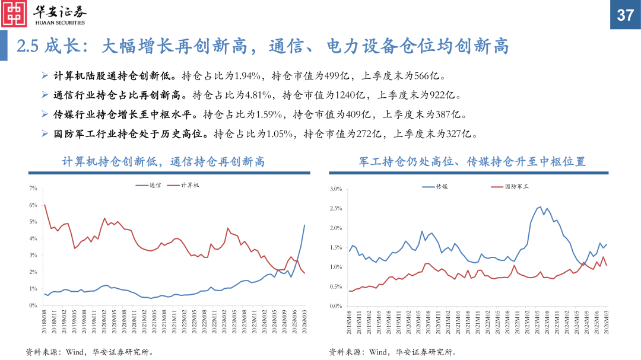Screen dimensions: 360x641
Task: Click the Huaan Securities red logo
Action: (14, 14)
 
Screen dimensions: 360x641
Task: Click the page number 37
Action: (625, 15)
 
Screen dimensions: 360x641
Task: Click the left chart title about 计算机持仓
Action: (163, 161)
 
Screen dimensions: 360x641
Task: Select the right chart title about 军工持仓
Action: (472, 161)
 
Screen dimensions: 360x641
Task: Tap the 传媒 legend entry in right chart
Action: (442, 187)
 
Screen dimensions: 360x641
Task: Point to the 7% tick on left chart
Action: (33, 188)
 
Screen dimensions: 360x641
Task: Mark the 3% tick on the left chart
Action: (33, 255)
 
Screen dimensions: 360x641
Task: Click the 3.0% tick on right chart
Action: (335, 189)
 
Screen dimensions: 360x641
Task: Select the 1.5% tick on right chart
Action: (335, 247)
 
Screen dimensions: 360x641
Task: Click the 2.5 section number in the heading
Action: (27, 46)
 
